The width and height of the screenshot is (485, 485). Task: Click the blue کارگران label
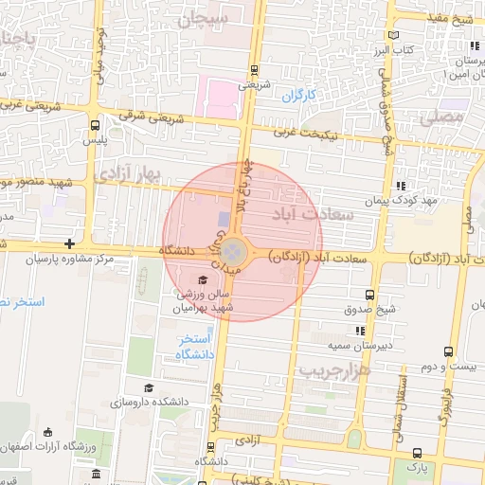pyautogui.click(x=297, y=96)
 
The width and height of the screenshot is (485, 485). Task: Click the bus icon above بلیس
pyautogui.click(x=94, y=125)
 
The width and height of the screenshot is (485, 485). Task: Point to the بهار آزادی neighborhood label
pyautogui.click(x=130, y=173)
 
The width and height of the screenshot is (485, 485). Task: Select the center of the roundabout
pyautogui.click(x=234, y=252)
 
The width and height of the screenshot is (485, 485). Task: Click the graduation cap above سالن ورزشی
pyautogui.click(x=202, y=279)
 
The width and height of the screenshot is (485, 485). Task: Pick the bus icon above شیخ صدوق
pyautogui.click(x=369, y=295)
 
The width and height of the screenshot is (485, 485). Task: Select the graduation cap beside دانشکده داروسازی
pyautogui.click(x=148, y=388)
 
